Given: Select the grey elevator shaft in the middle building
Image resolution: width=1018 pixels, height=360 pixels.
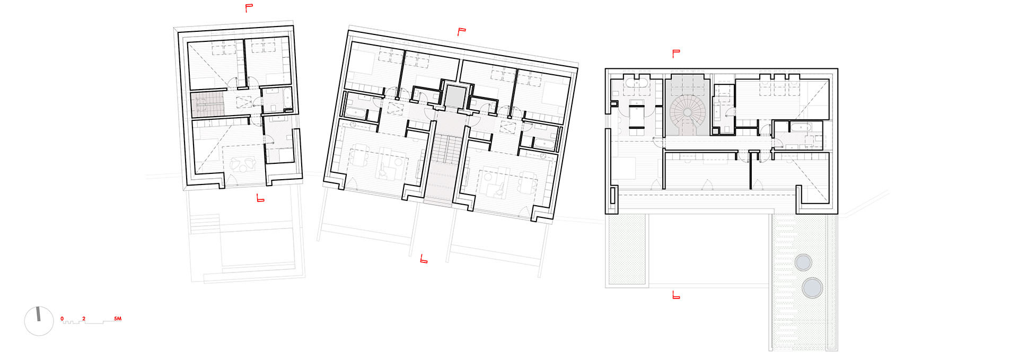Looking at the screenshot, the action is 454,96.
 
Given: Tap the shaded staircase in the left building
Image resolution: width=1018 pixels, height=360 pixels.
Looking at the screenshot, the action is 208,104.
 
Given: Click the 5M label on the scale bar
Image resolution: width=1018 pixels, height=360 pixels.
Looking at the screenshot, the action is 118,319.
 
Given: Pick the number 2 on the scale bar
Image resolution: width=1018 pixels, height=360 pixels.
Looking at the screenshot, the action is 83,319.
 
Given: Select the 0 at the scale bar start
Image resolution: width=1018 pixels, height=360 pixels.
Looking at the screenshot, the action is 62,319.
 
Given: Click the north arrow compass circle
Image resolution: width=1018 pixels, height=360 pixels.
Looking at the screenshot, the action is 39,321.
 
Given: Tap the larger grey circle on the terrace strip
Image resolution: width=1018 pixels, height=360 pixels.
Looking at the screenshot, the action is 812,288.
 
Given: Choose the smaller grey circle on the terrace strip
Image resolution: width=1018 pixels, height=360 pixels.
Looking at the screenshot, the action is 803,262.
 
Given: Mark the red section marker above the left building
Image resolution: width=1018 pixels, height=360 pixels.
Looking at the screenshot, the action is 249,7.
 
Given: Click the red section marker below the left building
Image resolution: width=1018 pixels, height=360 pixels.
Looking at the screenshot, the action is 260,198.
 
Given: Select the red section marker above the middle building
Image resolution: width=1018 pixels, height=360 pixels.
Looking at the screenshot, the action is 461,32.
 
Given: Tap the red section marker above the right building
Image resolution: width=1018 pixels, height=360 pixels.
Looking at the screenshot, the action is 675,53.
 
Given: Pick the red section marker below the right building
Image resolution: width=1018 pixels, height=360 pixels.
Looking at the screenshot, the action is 675,295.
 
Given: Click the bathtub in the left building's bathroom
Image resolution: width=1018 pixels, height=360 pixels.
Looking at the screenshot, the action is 287,98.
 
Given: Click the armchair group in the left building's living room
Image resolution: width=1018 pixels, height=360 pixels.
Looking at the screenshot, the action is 243,165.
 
